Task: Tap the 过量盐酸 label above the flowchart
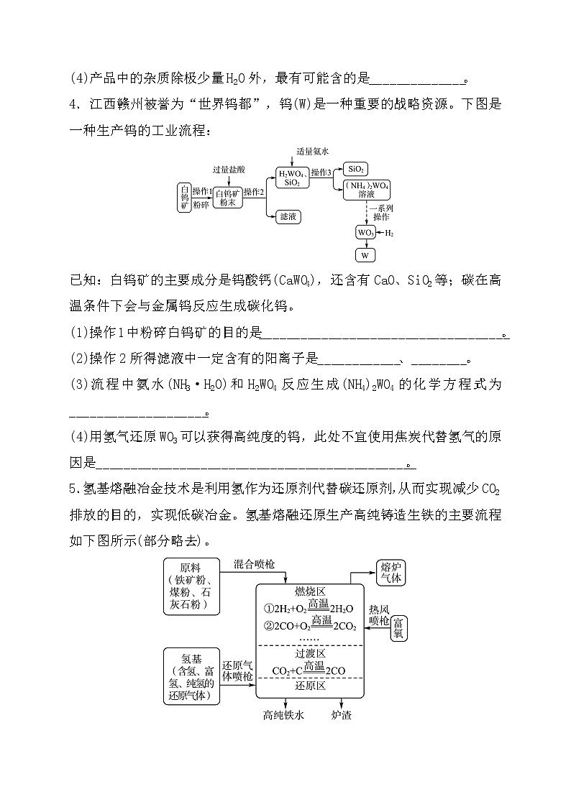click(x=229, y=170)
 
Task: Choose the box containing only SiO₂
click(x=355, y=169)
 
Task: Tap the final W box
click(x=365, y=255)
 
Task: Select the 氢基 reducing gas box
click(x=191, y=677)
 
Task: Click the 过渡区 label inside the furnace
click(x=311, y=654)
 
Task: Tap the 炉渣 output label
click(x=341, y=715)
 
